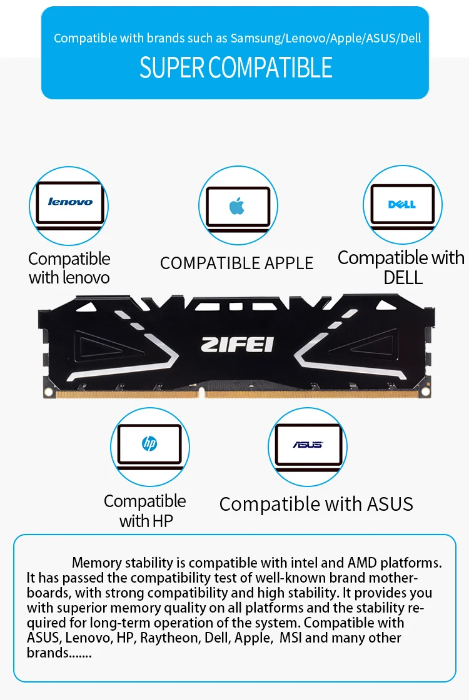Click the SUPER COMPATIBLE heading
pos(236,67)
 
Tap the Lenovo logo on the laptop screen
pos(70,202)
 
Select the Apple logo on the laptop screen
pos(237,206)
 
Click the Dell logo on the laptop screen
pos(402,204)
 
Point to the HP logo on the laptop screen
pos(149,443)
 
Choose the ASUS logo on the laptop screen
pos(308,445)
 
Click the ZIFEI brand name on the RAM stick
pos(237,345)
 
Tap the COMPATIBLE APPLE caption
pos(236,264)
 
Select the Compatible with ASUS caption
pos(316,504)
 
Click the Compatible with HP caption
pos(145,511)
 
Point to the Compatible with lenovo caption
pos(69,268)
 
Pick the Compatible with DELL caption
pos(401,267)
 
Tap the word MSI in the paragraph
pos(291,638)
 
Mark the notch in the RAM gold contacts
pos(201,392)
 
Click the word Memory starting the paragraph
pos(97,563)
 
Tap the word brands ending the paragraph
pos(48,653)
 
